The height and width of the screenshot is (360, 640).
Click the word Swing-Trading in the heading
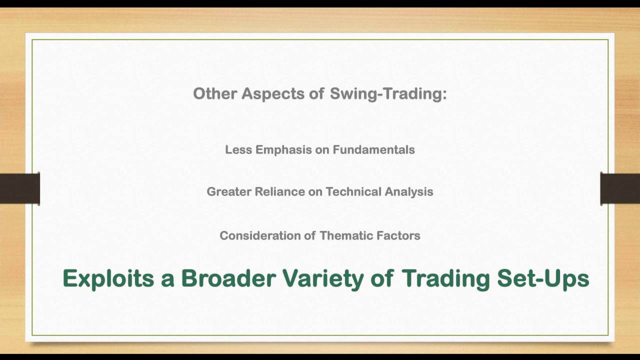(388, 94)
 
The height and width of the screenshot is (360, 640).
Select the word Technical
(353, 191)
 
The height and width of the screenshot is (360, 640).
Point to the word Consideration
(260, 235)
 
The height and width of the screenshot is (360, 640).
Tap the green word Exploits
(108, 278)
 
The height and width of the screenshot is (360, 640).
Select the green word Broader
(228, 278)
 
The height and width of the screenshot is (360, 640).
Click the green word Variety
(323, 278)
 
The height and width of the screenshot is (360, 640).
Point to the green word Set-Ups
(543, 278)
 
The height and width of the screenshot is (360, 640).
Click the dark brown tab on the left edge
(19, 188)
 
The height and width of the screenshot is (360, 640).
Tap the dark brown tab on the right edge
(620, 188)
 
